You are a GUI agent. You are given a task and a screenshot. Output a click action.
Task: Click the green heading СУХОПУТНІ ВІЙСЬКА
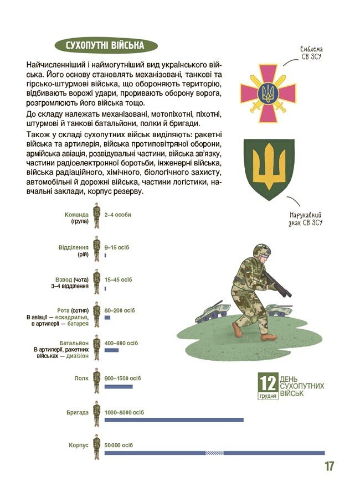point(105,45)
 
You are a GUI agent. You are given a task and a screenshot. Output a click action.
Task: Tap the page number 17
point(329,466)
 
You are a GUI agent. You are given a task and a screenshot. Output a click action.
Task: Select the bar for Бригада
point(174,420)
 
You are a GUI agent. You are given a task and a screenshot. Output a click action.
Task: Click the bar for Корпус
point(222,453)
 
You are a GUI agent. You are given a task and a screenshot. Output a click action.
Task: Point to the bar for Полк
point(119,386)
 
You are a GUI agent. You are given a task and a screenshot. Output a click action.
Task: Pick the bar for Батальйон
point(111,350)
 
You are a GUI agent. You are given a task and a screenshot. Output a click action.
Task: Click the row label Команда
point(76,215)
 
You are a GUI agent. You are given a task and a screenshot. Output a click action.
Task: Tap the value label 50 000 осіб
point(119,445)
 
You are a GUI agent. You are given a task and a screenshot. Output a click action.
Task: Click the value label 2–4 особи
point(117,215)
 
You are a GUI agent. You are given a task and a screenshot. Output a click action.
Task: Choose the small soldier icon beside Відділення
point(96,250)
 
